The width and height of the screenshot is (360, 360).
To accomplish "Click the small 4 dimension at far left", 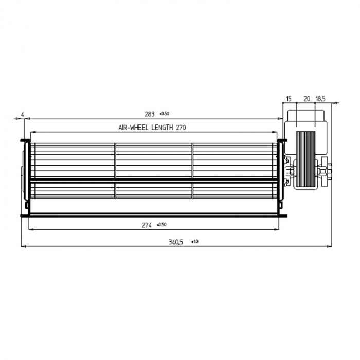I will (23, 114).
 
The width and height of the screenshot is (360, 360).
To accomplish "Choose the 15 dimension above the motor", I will (289, 98).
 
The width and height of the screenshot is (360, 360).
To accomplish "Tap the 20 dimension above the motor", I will (307, 98).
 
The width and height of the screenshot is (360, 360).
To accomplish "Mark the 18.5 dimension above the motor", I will (321, 98).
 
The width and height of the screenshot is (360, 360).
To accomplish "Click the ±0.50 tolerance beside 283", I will (165, 113).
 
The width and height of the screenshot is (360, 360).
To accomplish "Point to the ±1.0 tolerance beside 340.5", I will (194, 241).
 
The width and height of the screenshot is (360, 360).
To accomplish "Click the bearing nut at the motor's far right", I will (329, 169).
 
